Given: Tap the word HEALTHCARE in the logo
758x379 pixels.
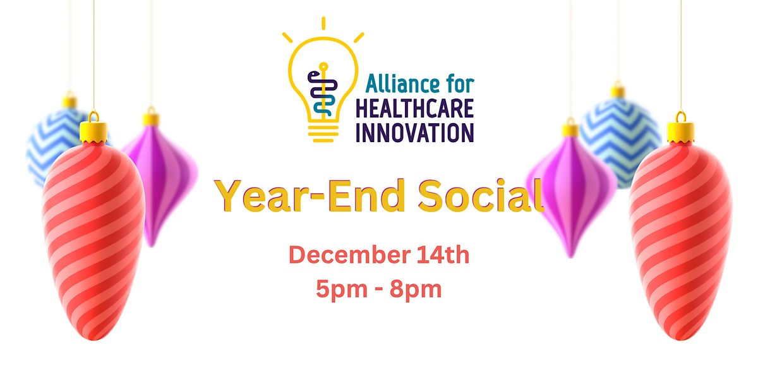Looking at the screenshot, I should click(414, 109).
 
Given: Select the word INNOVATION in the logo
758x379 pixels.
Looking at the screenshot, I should click(414, 132).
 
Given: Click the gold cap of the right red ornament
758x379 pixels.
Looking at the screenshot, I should click(680, 131).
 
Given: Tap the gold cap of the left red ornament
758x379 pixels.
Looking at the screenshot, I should click(93, 131).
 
